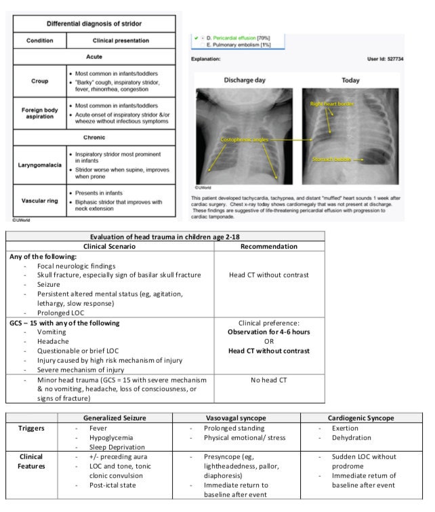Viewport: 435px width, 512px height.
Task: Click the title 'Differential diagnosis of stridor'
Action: [95, 24]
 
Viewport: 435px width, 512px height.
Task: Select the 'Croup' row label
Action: [40, 81]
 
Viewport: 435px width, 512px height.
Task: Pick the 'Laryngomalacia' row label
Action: [40, 164]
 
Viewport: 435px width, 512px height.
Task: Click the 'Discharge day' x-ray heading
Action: [243, 80]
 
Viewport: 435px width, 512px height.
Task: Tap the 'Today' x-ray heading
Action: [350, 80]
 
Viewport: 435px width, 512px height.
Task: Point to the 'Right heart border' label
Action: [332, 104]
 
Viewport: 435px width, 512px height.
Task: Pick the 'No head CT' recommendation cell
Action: [269, 380]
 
